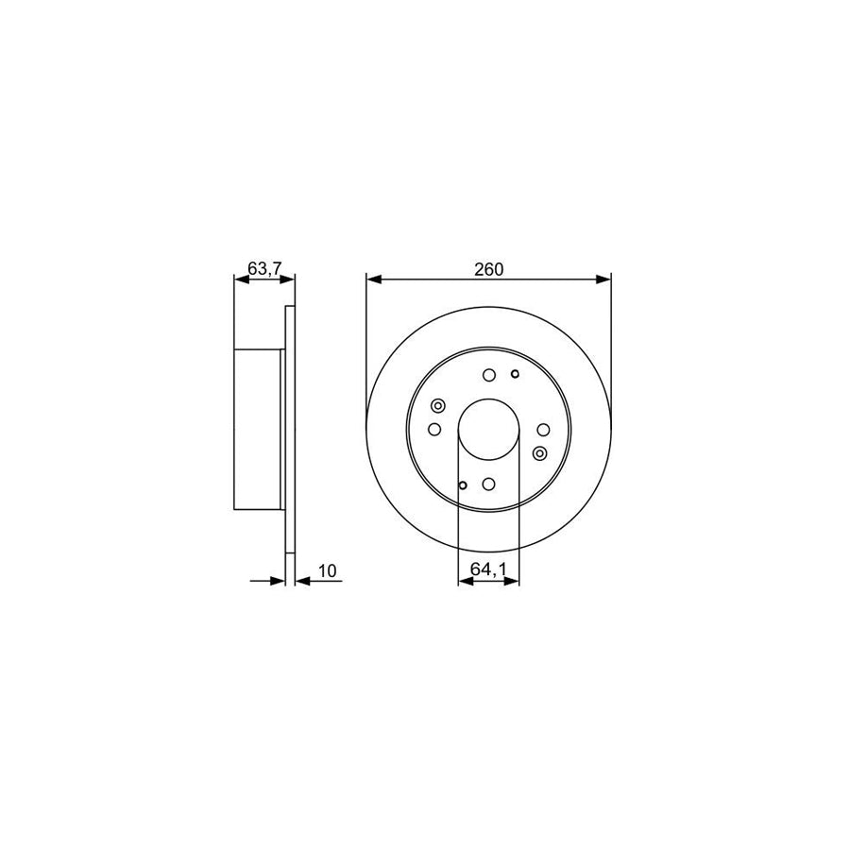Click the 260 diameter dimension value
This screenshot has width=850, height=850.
[x=488, y=268]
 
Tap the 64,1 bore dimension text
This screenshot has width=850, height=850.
[x=488, y=569]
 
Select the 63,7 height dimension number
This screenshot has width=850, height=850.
[x=263, y=268]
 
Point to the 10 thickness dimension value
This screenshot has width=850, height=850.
[x=328, y=569]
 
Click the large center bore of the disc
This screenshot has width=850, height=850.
[x=488, y=429]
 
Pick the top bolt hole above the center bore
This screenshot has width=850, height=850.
[x=488, y=376]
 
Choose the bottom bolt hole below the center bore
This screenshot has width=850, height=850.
[x=488, y=484]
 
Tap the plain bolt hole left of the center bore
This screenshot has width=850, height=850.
[x=434, y=430]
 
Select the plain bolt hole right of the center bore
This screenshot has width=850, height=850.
[x=542, y=430]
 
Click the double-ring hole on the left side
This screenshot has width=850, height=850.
[x=437, y=407]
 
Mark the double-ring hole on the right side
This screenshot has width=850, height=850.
[x=539, y=452]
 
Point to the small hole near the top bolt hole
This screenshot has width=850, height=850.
[x=514, y=374]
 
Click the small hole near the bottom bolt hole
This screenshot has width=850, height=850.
[x=462, y=485]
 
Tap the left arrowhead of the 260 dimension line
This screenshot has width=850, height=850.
[x=372, y=280]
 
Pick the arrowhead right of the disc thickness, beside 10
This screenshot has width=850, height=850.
[x=301, y=581]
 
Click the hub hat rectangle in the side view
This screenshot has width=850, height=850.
[x=258, y=429]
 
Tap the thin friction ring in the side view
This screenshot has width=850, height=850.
[x=289, y=429]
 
